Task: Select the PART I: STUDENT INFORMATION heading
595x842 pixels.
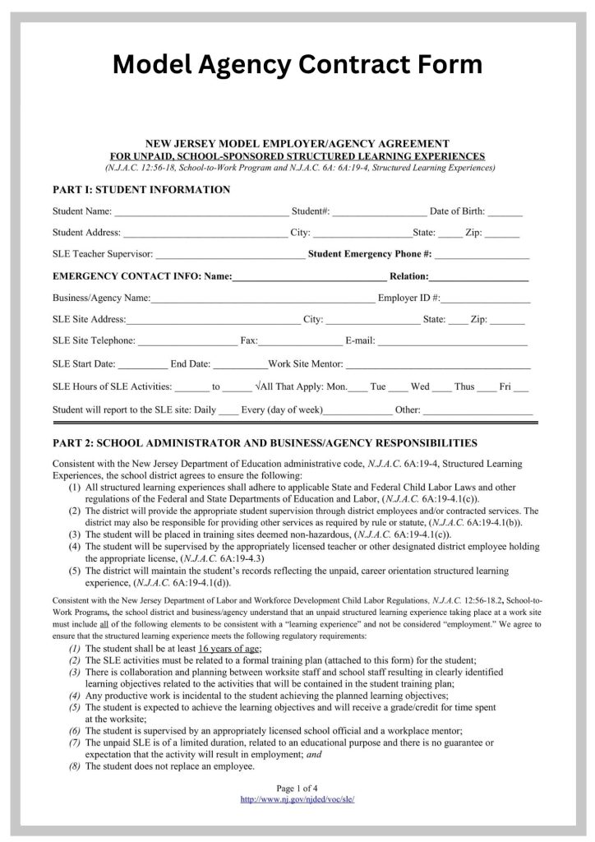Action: pyautogui.click(x=141, y=190)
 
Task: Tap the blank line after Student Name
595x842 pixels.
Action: pyautogui.click(x=201, y=213)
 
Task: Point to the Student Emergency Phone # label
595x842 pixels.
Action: pyautogui.click(x=369, y=255)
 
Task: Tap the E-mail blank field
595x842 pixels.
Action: pyautogui.click(x=452, y=342)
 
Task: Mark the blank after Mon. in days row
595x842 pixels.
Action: pyautogui.click(x=358, y=387)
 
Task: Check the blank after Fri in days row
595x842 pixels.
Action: pyautogui.click(x=521, y=387)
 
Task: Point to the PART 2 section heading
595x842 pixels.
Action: pyautogui.click(x=264, y=442)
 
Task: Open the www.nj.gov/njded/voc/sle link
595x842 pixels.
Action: pyautogui.click(x=297, y=798)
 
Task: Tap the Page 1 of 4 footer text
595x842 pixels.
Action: pyautogui.click(x=297, y=787)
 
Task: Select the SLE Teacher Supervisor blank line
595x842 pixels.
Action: pyautogui.click(x=229, y=256)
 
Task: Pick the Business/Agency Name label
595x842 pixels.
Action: pyautogui.click(x=101, y=298)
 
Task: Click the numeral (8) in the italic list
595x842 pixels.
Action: pyautogui.click(x=76, y=766)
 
